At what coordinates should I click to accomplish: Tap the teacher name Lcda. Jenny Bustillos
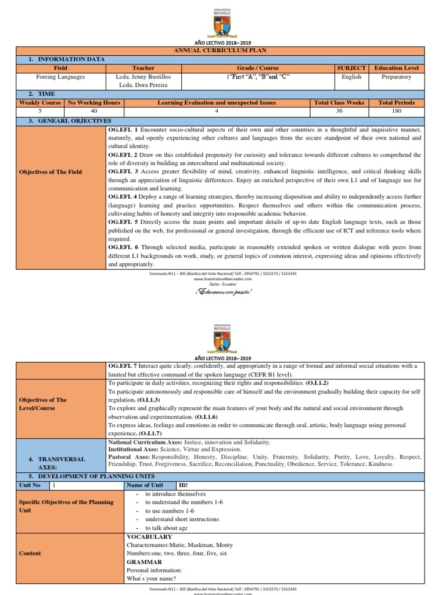[143, 77]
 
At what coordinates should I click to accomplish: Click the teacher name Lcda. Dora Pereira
[143, 85]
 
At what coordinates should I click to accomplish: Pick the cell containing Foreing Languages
[60, 77]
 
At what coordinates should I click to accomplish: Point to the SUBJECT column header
[351, 68]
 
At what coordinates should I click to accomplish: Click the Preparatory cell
[397, 77]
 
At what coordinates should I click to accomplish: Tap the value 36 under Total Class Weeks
[339, 111]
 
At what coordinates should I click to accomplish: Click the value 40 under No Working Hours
[93, 111]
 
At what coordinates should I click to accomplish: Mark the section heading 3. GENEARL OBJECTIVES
[66, 120]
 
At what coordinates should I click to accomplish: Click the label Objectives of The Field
[51, 172]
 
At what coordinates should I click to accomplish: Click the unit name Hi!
[184, 485]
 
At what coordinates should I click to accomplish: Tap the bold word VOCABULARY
[149, 537]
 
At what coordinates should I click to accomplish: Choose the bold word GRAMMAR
[143, 562]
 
